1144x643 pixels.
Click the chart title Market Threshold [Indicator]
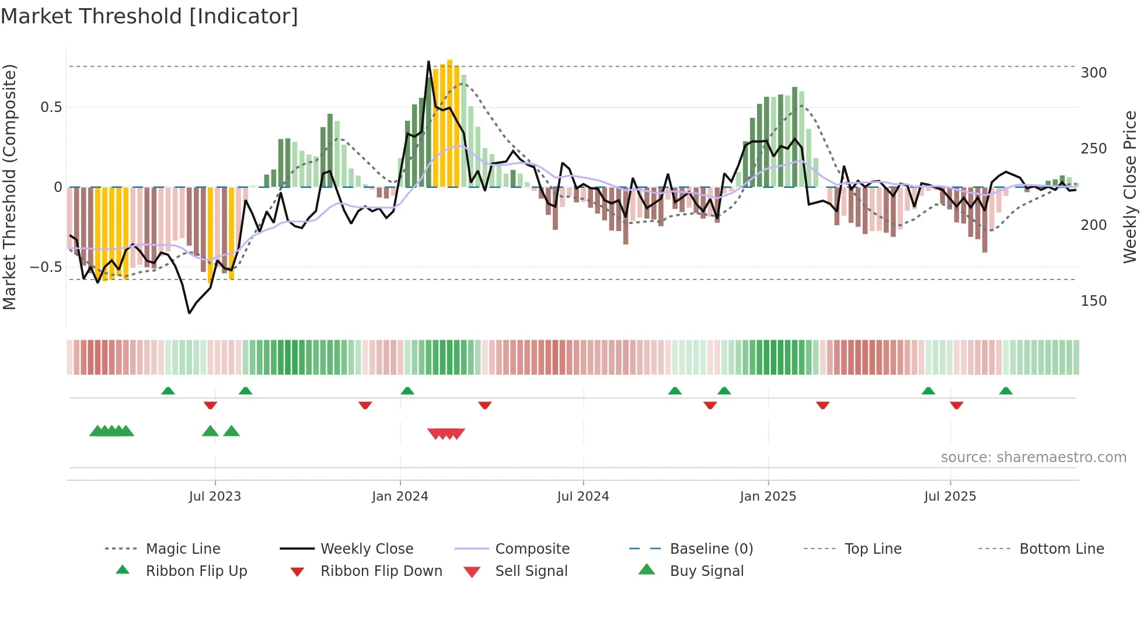(149, 16)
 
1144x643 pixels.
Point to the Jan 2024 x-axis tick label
(400, 497)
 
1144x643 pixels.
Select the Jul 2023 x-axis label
(215, 497)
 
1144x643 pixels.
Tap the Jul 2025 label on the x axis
(950, 497)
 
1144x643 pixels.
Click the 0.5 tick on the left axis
(51, 107)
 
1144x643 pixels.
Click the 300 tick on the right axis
(1093, 73)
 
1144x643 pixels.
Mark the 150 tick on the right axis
(1093, 301)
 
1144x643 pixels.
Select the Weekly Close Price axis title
(1130, 187)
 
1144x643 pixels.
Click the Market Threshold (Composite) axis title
(9, 187)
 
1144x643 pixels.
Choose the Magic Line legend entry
(183, 549)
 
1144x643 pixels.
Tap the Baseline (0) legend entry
(711, 549)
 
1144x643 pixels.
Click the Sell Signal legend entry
(531, 571)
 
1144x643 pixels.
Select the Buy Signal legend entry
(706, 571)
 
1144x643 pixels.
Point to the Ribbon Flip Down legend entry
(381, 571)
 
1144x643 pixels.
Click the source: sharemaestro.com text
(1033, 457)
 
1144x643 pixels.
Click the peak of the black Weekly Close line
(428, 61)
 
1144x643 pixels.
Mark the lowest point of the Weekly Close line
(189, 313)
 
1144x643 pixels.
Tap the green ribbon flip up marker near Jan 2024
(407, 390)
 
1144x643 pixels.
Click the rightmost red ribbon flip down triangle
(956, 405)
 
